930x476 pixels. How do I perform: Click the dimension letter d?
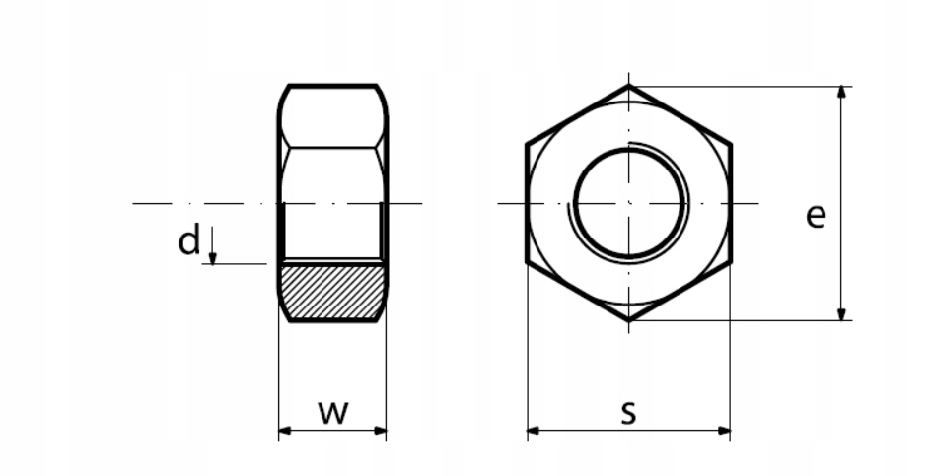click(188, 240)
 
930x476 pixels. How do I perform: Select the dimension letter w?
click(333, 412)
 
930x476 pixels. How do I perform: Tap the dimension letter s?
click(628, 413)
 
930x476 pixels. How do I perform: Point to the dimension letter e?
click(815, 215)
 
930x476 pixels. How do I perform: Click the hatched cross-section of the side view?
click(332, 292)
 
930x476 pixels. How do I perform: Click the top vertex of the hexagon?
click(629, 86)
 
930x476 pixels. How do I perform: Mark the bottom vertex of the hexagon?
click(629, 321)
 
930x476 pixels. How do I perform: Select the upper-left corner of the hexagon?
click(527, 144)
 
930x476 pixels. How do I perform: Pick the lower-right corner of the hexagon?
click(731, 263)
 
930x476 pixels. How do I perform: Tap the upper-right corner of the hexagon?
click(731, 144)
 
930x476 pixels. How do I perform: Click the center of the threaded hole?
click(629, 203)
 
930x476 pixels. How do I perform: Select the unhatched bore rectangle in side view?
click(332, 232)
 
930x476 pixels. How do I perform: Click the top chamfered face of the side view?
click(332, 116)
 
